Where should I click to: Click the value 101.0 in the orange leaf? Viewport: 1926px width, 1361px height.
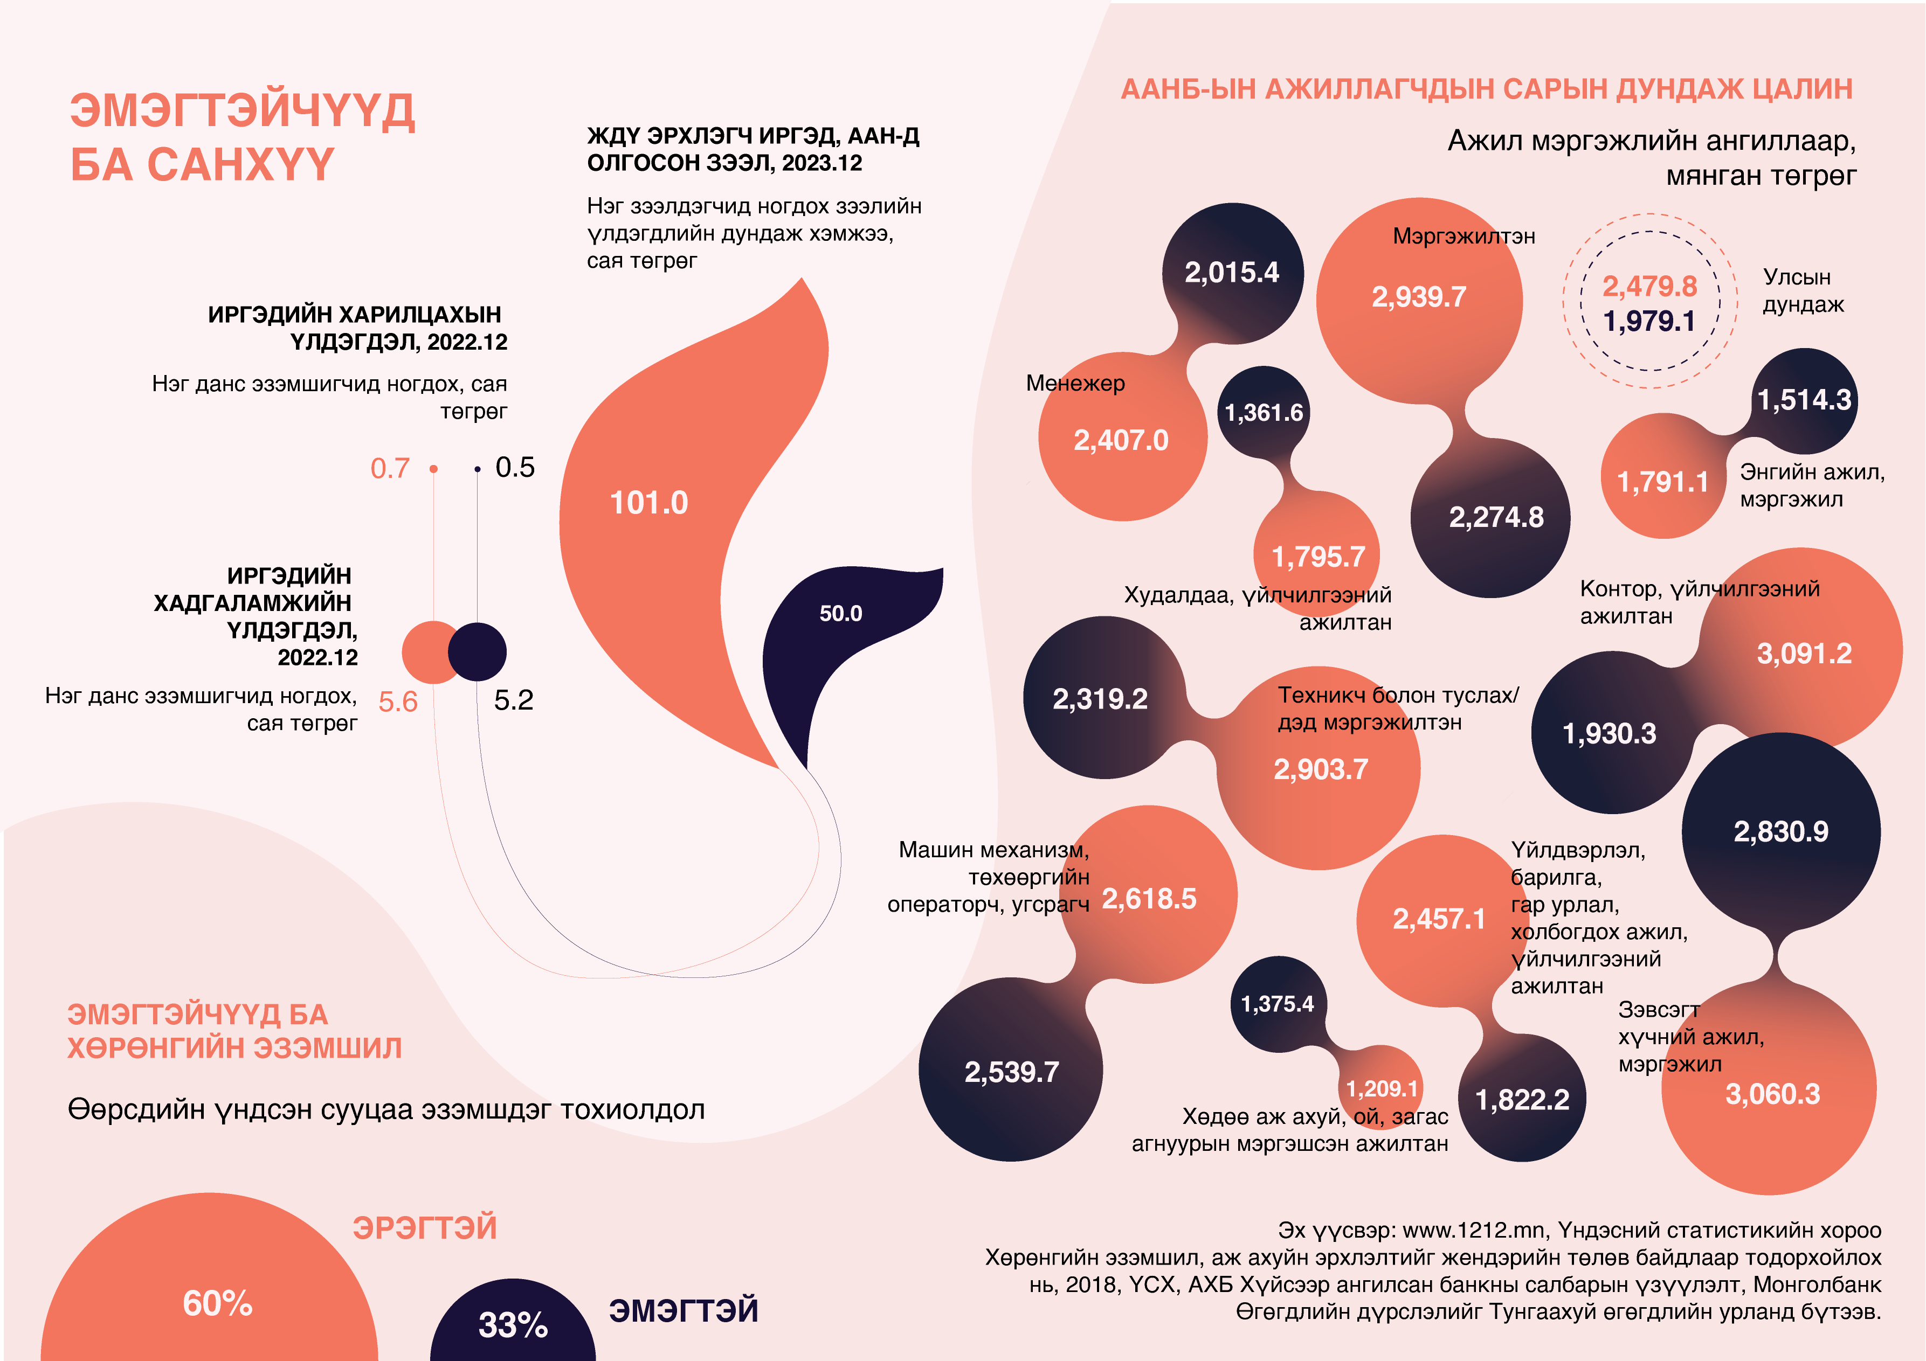[648, 503]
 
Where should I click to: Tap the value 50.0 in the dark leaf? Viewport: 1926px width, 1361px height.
[840, 614]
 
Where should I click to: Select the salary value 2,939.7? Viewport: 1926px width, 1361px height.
[1419, 297]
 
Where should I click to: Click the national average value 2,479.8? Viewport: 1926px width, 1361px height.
[1649, 287]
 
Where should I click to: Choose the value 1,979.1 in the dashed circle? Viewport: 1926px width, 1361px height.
[1649, 321]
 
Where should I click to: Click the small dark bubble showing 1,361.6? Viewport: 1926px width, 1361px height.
[1264, 413]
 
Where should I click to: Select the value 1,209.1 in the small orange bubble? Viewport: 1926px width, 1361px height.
[1382, 1088]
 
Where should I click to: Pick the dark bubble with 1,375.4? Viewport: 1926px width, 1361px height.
[1277, 1004]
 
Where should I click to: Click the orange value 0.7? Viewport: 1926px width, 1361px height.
[390, 468]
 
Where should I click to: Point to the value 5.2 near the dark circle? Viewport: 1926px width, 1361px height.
[513, 700]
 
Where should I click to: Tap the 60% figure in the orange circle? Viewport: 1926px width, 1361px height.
[217, 1303]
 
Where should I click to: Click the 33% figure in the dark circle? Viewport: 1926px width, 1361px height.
[513, 1325]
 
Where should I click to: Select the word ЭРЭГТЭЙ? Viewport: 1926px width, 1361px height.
[424, 1228]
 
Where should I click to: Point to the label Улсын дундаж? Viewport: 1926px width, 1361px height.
[1803, 290]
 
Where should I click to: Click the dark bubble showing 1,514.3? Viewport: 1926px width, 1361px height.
[1804, 400]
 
